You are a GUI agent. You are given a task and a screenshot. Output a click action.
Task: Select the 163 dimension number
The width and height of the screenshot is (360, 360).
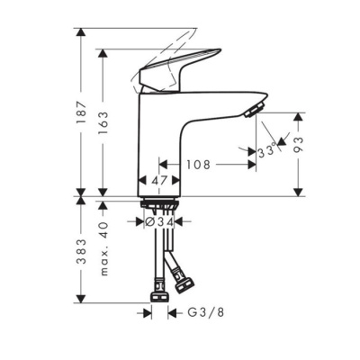click(104, 122)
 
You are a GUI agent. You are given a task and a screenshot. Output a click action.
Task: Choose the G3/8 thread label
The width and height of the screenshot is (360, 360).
click(204, 312)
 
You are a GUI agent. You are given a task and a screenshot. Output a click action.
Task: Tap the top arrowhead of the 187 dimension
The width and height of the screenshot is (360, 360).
click(82, 32)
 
